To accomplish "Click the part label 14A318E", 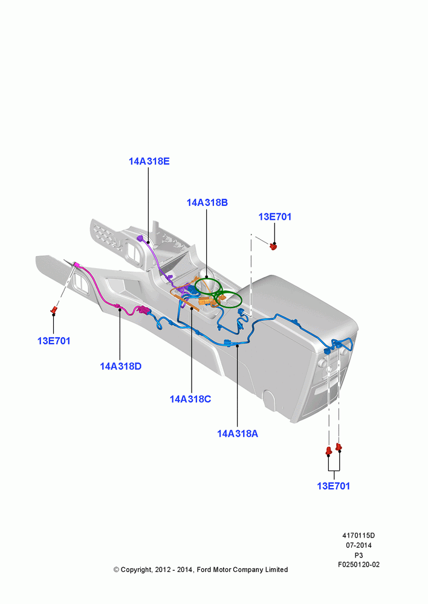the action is point(149,161).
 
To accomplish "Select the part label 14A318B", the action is point(207,202).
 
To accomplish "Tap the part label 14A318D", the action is point(121,367).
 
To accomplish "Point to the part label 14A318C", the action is point(190,399).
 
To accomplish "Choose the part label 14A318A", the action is point(238,434).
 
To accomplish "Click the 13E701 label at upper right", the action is point(274,217).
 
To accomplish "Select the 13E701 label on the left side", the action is point(54,341).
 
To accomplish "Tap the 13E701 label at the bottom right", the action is point(334,486).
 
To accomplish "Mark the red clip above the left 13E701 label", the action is point(54,310).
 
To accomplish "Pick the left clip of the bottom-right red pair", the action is point(328,451).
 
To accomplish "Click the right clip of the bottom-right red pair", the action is point(339,448).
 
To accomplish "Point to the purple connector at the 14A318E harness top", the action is point(140,239).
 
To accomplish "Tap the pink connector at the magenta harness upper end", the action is point(76,265).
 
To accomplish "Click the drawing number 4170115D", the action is point(358,535).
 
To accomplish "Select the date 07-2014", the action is point(358,545).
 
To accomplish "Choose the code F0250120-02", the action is point(358,565).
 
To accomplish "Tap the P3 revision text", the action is point(358,555).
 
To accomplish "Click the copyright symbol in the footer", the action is point(116,570).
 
